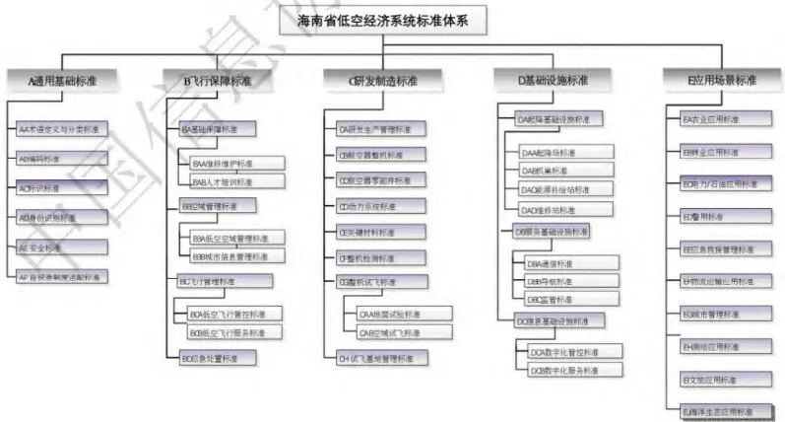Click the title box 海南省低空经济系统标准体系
(393, 20)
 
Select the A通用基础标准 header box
(62, 79)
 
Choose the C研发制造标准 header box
(373, 79)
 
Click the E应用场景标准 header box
(723, 79)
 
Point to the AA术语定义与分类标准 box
(59, 128)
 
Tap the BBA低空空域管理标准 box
(233, 238)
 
